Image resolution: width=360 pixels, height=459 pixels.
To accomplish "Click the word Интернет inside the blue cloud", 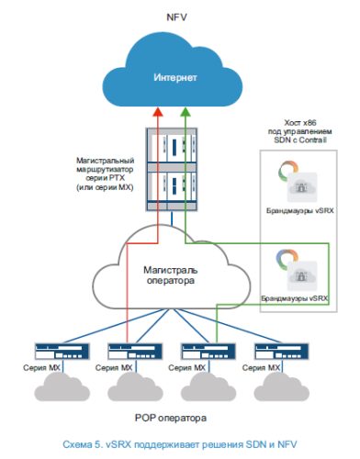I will click(x=174, y=78).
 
